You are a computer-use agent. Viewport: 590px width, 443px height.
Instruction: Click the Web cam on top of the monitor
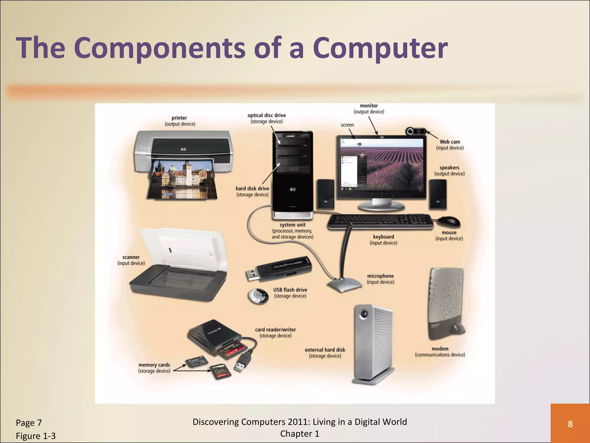coord(416,132)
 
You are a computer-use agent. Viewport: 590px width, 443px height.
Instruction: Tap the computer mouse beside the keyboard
coord(449,221)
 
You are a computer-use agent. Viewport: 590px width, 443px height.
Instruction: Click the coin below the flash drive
coord(258,296)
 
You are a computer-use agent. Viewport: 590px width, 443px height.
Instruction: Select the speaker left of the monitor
coord(326,194)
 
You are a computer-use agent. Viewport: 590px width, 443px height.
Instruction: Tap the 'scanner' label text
coord(131,257)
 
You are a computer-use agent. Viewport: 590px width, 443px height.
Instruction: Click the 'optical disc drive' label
coord(266,115)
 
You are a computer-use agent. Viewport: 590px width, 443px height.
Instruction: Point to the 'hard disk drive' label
coord(252,189)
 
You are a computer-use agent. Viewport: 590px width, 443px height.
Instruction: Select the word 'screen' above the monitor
coord(347,125)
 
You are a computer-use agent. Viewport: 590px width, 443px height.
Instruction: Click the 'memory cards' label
coord(154,365)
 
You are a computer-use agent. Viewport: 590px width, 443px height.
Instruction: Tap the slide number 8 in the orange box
coord(570,424)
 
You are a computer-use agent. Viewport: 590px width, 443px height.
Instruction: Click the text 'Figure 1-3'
coord(36,436)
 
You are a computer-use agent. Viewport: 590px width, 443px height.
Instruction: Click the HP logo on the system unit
coord(293,189)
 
